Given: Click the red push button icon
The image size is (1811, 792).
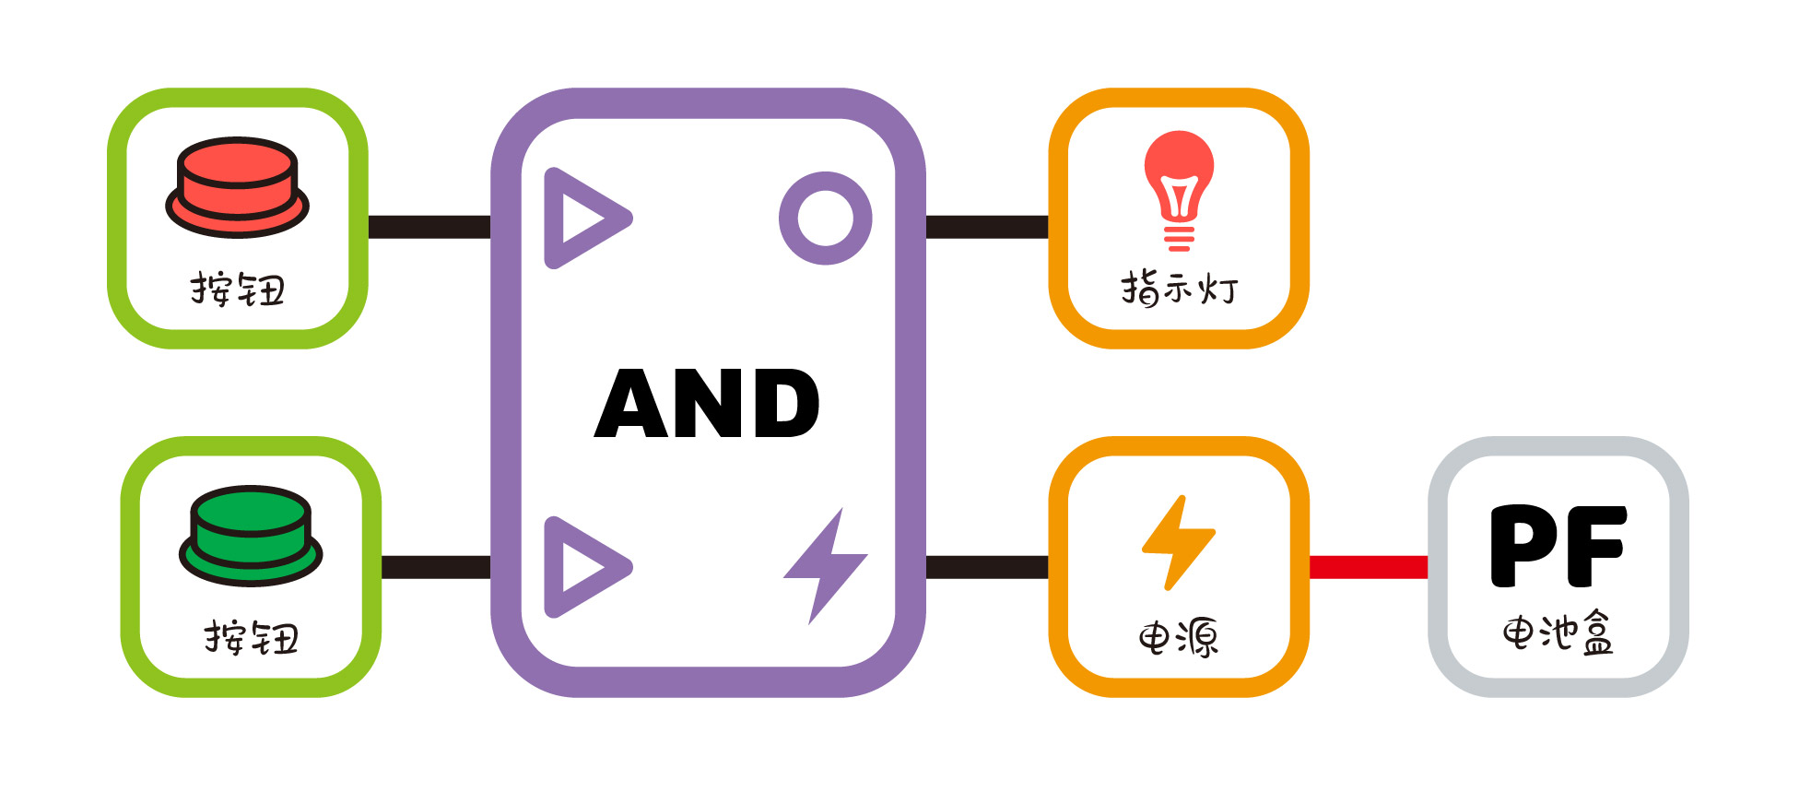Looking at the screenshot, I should pyautogui.click(x=237, y=187).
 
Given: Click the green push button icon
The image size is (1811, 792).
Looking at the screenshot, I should pyautogui.click(x=251, y=536).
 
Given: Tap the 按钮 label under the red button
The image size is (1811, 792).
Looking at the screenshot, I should pyautogui.click(x=238, y=290).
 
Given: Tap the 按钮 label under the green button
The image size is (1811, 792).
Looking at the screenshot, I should pyautogui.click(x=252, y=638).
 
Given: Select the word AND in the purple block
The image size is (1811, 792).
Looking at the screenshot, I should pyautogui.click(x=707, y=403).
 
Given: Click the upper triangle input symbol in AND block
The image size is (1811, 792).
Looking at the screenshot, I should pyautogui.click(x=582, y=219).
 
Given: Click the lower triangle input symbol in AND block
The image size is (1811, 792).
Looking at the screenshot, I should pyautogui.click(x=582, y=567).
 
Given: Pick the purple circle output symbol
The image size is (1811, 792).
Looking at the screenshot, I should pyautogui.click(x=825, y=219).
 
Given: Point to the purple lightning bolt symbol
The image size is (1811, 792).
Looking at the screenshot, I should pyautogui.click(x=825, y=564).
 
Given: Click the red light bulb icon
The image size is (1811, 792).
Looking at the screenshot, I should pyautogui.click(x=1179, y=189).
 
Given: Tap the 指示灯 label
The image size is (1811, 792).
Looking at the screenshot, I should pyautogui.click(x=1179, y=289).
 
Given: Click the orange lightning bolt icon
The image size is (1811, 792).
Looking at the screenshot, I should pyautogui.click(x=1179, y=542).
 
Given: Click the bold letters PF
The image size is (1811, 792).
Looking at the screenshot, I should pyautogui.click(x=1558, y=546).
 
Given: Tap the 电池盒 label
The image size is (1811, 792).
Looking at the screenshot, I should pyautogui.click(x=1558, y=633).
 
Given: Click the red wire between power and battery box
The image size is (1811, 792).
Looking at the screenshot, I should pyautogui.click(x=1369, y=567).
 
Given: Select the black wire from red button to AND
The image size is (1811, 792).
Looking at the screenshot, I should pyautogui.click(x=429, y=227).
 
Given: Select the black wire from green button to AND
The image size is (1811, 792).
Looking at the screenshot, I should pyautogui.click(x=436, y=567).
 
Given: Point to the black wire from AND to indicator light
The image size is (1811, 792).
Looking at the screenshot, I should pyautogui.click(x=987, y=227).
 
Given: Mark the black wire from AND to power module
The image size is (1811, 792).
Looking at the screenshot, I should pyautogui.click(x=987, y=567).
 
